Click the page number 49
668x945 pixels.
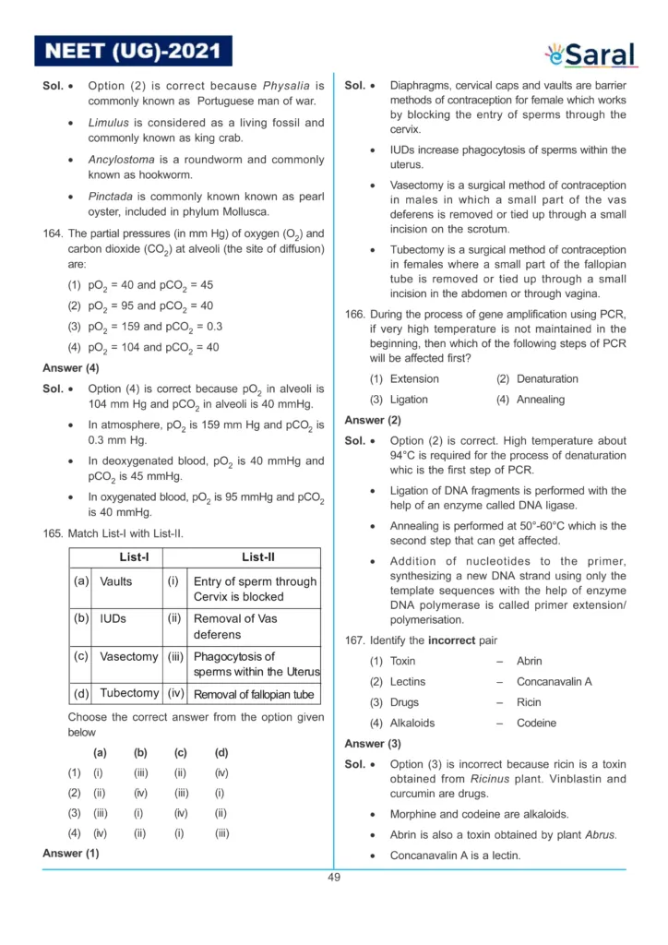334,877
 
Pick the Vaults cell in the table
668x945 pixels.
116,582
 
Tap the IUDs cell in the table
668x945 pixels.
113,618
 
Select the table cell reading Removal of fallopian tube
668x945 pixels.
254,695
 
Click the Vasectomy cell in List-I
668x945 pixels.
129,657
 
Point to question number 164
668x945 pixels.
52,233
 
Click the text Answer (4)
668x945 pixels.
71,368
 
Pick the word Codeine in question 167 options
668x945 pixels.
534,724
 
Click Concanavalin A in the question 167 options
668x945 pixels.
554,682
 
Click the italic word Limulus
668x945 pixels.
109,123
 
